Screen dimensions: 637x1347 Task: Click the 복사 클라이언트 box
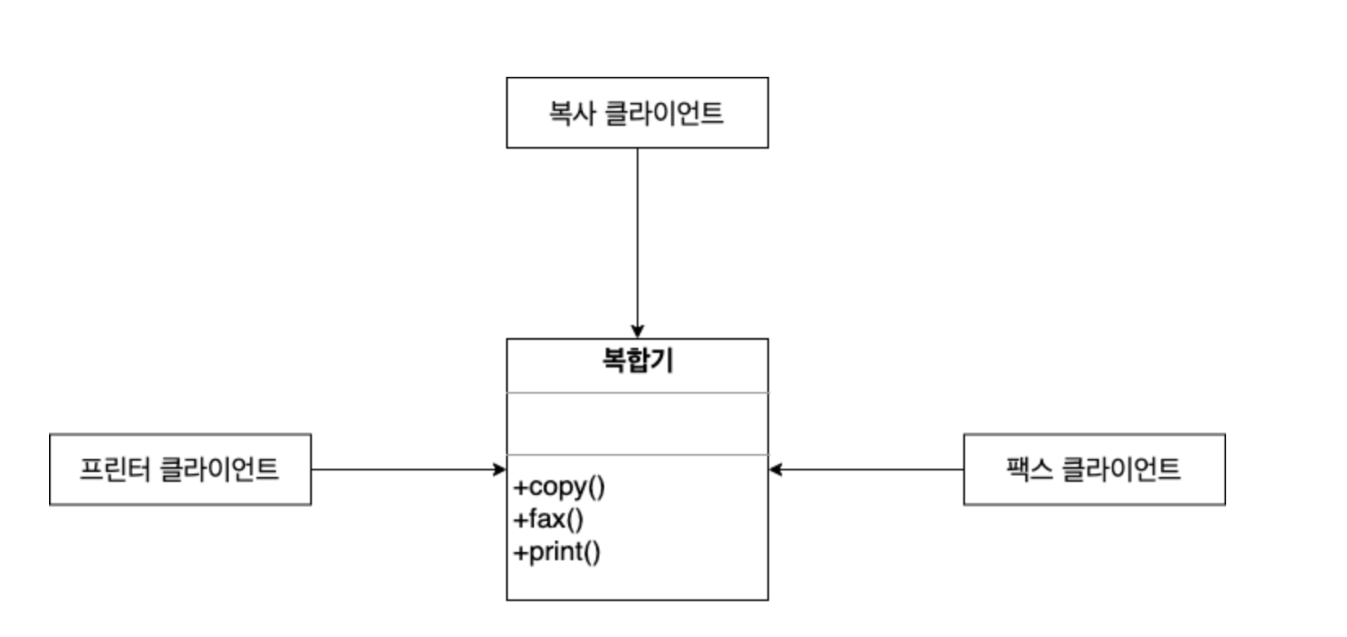click(x=637, y=113)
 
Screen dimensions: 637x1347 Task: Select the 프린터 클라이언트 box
click(x=180, y=470)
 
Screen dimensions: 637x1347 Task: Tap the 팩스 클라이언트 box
click(x=1094, y=470)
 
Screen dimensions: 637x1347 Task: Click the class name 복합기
click(x=638, y=360)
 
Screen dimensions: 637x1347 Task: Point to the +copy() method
click(x=559, y=487)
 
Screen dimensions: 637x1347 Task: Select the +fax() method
click(x=549, y=519)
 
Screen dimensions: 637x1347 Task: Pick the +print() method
click(x=557, y=552)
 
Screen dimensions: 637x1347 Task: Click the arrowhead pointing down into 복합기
click(x=638, y=331)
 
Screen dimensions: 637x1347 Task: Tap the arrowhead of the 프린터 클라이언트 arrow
click(x=499, y=470)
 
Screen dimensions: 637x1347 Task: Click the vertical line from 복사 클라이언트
click(x=638, y=237)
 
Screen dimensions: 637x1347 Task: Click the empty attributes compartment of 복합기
click(x=638, y=424)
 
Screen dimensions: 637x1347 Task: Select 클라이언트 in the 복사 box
click(x=665, y=113)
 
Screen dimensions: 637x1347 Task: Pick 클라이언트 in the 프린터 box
click(x=219, y=470)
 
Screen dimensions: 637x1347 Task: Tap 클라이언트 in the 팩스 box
click(x=1121, y=470)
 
